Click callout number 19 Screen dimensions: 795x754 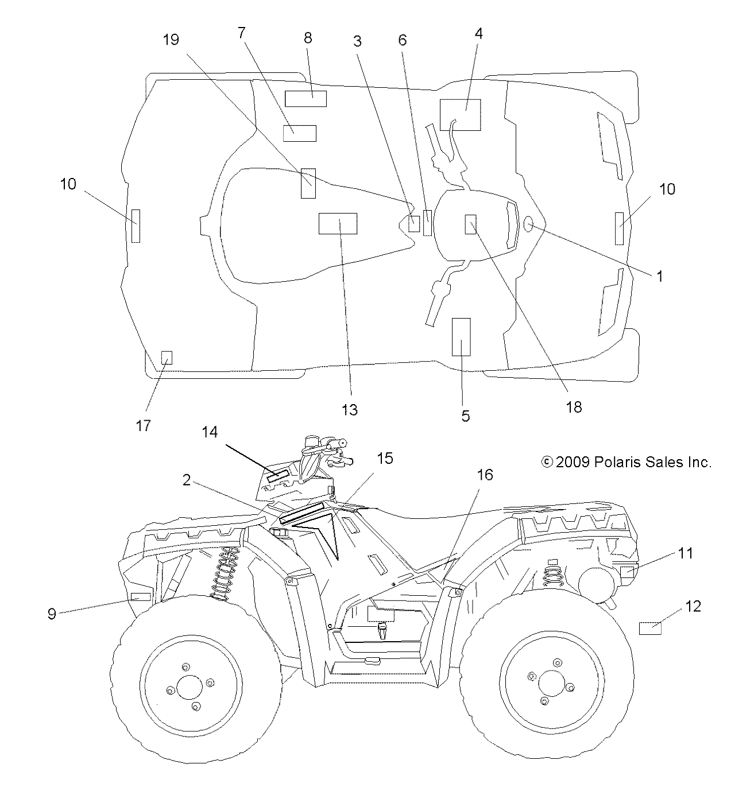click(x=171, y=40)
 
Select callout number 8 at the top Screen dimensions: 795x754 click(x=308, y=38)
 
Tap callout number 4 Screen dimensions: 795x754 click(x=478, y=33)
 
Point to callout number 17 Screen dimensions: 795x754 click(x=144, y=425)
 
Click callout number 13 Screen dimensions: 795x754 click(x=350, y=410)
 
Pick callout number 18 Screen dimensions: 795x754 click(x=574, y=407)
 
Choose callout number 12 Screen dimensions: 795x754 click(x=694, y=606)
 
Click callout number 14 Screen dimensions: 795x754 click(x=210, y=432)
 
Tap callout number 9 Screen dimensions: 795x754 click(x=52, y=614)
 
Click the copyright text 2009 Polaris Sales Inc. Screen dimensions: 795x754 click(x=627, y=462)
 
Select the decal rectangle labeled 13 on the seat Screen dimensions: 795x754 click(x=338, y=223)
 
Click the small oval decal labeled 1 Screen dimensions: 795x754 click(x=528, y=226)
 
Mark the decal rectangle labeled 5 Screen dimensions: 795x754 click(x=462, y=337)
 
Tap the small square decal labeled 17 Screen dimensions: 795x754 click(x=167, y=358)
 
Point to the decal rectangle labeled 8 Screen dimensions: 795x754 click(x=306, y=99)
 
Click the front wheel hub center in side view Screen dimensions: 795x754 click(x=189, y=686)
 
